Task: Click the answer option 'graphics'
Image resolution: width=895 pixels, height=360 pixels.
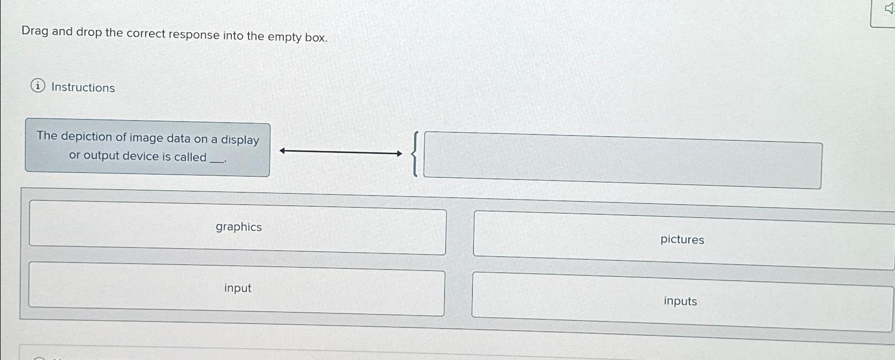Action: click(238, 227)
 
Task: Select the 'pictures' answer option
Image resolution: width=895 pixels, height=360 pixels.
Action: click(682, 239)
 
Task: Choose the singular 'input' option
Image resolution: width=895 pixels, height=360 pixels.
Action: click(237, 288)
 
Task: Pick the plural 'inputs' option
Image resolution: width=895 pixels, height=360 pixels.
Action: click(680, 301)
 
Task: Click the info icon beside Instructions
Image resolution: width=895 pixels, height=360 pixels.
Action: click(37, 86)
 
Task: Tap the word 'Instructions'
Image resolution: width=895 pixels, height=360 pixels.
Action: click(83, 87)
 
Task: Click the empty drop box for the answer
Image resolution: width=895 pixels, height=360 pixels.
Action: click(622, 160)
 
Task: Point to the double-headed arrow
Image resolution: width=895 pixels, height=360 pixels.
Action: click(341, 153)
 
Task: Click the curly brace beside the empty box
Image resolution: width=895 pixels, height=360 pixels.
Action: click(415, 155)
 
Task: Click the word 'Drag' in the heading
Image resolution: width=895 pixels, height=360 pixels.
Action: click(35, 31)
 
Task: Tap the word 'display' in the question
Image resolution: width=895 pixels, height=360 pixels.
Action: click(240, 140)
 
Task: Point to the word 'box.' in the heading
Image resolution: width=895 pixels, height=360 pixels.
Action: click(316, 38)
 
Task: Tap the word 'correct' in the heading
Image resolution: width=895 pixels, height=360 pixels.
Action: click(146, 34)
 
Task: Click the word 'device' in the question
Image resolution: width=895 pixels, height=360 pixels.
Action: click(141, 156)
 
